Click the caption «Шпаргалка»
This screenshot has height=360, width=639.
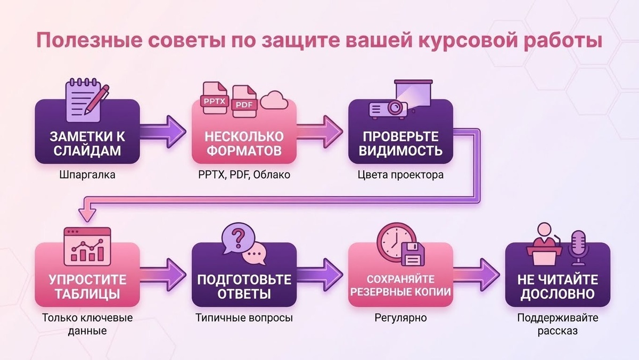click(x=88, y=175)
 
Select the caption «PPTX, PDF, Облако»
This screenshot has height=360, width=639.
click(x=244, y=175)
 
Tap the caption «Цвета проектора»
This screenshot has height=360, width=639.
click(x=400, y=175)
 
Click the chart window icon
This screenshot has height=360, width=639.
click(x=87, y=245)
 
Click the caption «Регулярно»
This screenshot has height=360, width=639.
click(x=400, y=318)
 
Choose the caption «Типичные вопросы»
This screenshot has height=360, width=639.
click(x=244, y=318)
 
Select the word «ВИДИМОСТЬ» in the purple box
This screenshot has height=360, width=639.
click(x=400, y=150)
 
